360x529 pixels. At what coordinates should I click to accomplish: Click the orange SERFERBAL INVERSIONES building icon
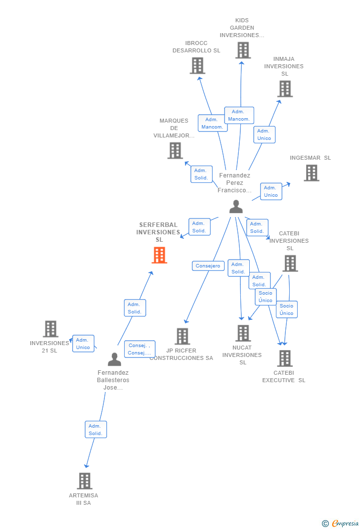coord(159,255)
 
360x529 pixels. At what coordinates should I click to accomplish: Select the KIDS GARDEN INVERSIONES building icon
coord(243,50)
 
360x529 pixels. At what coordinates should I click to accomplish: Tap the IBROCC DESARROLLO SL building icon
coord(197,66)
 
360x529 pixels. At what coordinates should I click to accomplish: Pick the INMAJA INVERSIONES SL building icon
coord(285,89)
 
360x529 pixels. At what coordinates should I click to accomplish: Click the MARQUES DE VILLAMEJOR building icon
coord(175,150)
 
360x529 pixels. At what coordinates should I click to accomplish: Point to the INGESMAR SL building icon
coord(311,173)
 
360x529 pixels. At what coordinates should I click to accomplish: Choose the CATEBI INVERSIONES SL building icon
coord(290,264)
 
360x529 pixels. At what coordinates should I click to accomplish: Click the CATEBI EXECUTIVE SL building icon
coord(285,358)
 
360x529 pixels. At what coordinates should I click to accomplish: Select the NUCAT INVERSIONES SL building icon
coord(243,333)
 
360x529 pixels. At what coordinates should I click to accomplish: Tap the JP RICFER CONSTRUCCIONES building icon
coord(182,336)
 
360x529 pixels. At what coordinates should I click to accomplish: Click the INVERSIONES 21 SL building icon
coord(50,329)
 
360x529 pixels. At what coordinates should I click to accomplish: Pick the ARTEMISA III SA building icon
coord(85,481)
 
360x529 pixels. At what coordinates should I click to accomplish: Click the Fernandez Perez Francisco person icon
coord(236,207)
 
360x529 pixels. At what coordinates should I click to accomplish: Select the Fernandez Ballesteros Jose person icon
coord(114,359)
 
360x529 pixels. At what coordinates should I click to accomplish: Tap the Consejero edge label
coord(208,266)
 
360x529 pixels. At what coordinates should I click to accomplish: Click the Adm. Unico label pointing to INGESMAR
coord(270,191)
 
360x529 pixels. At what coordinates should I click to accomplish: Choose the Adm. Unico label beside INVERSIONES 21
coord(83,344)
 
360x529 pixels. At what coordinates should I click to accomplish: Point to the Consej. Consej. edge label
coord(139,349)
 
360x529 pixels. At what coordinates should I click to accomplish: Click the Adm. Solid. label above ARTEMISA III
coord(95,430)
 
